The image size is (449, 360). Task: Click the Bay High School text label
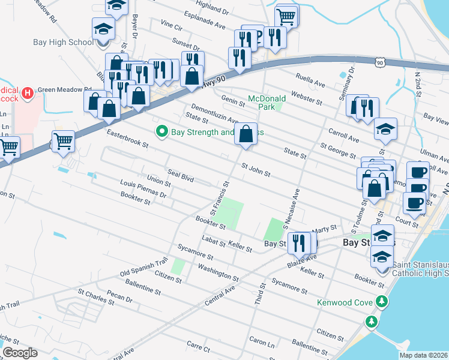click(x=65, y=42)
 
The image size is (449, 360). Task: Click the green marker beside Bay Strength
click(x=161, y=131)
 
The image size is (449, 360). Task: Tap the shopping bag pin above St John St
click(x=246, y=135)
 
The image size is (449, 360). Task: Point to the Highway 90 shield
click(x=379, y=61)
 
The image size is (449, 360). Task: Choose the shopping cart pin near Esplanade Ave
click(x=286, y=16)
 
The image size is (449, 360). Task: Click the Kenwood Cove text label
click(x=345, y=302)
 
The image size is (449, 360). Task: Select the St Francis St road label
click(x=220, y=199)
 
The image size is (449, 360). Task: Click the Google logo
click(x=20, y=353)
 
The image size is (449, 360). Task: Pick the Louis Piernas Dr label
click(x=143, y=188)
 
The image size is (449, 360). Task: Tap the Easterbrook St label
click(x=127, y=138)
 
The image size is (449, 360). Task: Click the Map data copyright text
click(x=424, y=355)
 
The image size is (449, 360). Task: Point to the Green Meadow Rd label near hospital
click(x=59, y=90)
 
